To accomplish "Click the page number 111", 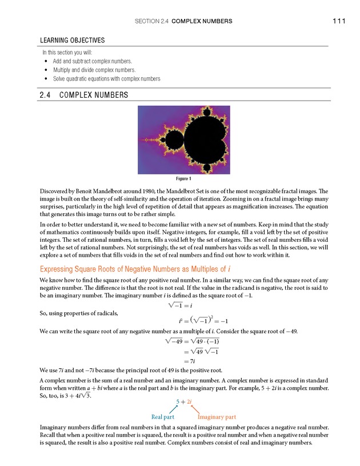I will [x=338, y=21].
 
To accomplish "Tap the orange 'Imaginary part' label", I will [x=217, y=417].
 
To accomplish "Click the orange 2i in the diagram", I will [x=189, y=401].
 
